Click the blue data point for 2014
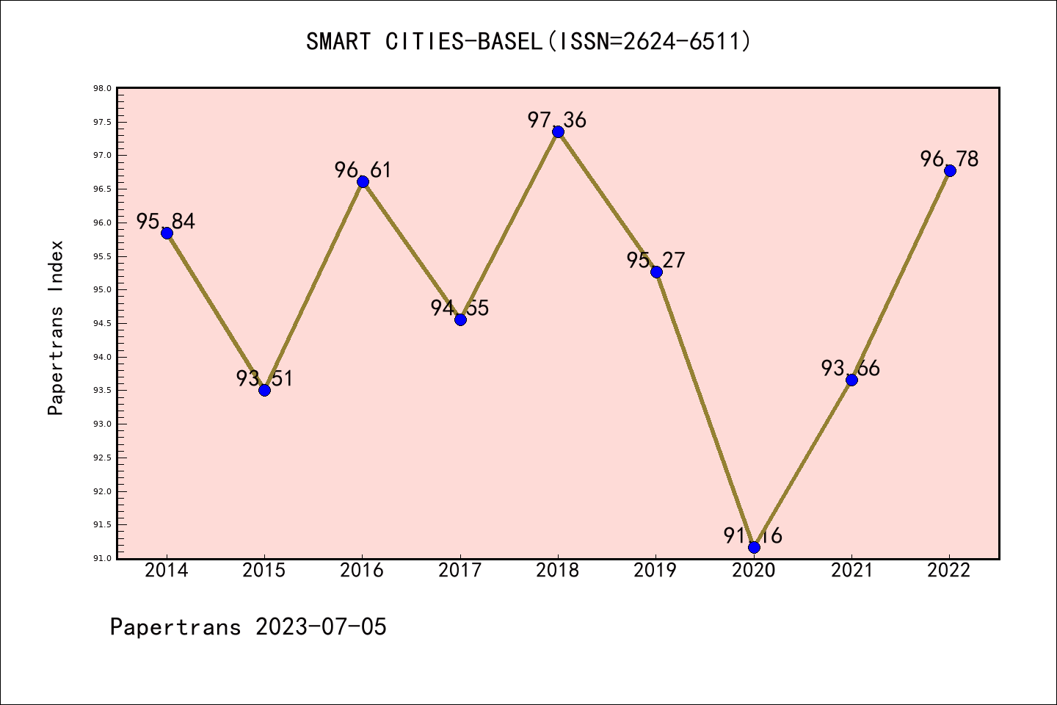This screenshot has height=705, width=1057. tap(167, 233)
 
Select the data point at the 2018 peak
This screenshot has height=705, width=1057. tap(558, 131)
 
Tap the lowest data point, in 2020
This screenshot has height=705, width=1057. tap(754, 547)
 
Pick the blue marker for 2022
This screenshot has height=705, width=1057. tap(950, 170)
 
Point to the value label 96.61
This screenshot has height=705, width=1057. tap(363, 170)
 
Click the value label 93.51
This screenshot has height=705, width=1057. tap(264, 378)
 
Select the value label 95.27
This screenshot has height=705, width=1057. tap(655, 260)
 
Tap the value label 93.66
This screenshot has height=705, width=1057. tap(851, 368)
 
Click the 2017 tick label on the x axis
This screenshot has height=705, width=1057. tap(460, 571)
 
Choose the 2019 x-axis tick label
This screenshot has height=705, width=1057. tap(655, 571)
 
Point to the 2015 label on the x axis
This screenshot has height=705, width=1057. tap(264, 571)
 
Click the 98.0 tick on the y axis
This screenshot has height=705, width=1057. tap(102, 89)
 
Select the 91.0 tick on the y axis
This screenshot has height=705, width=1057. tap(102, 559)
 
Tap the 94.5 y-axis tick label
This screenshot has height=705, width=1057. tap(102, 324)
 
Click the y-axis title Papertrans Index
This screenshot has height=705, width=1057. tap(56, 328)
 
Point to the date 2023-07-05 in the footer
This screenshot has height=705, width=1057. tap(321, 626)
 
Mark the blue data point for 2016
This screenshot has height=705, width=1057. tap(363, 181)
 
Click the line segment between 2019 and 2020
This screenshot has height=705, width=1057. tap(705, 409)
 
